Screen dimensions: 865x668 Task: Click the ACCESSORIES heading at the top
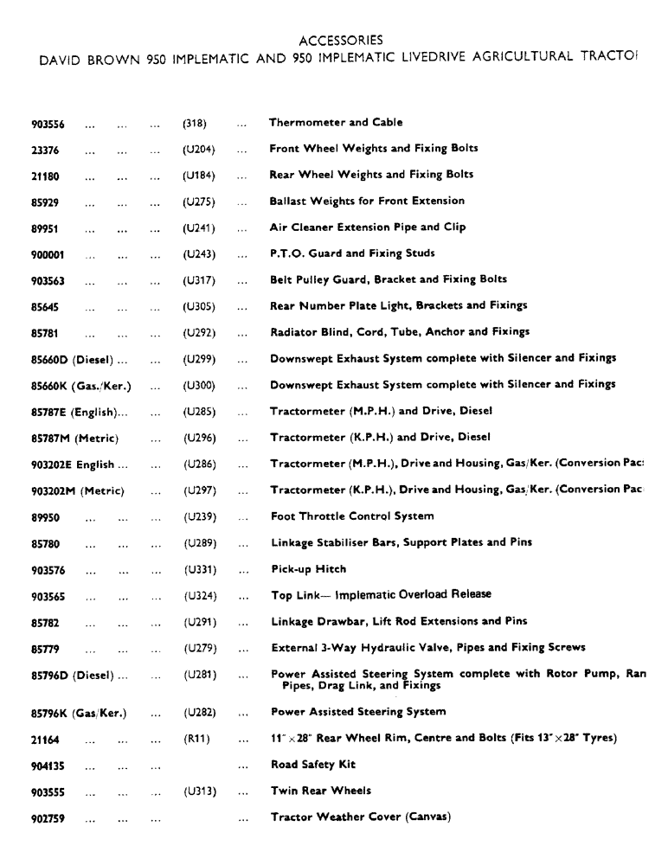click(340, 40)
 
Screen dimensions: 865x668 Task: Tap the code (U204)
click(199, 149)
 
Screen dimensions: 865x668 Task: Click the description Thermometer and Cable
click(335, 123)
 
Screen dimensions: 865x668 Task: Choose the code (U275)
click(199, 202)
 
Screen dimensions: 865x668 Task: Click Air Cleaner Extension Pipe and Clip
click(368, 227)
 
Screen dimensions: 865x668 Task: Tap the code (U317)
click(199, 280)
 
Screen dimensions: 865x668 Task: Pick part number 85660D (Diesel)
click(79, 359)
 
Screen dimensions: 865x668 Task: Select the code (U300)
click(199, 385)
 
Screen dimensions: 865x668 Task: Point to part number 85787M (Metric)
click(74, 438)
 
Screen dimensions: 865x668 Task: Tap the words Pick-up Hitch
click(308, 569)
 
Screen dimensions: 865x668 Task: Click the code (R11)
click(196, 739)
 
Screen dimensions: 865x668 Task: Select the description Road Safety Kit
click(312, 765)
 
